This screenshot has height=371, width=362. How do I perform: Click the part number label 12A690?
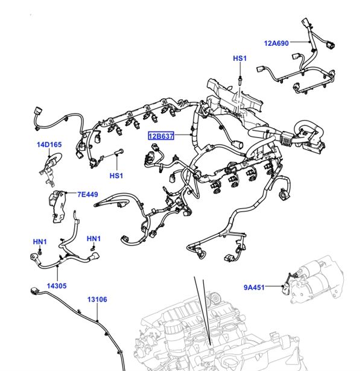tap(276, 43)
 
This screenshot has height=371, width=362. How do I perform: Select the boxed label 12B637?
tap(162, 136)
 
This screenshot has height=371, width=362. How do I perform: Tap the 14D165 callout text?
tap(49, 145)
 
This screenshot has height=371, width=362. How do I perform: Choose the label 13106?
tap(97, 299)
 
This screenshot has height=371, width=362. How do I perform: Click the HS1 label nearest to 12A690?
tap(240, 59)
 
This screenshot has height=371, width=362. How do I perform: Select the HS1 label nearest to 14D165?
tap(116, 176)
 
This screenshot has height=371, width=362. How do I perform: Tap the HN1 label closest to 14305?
tap(40, 242)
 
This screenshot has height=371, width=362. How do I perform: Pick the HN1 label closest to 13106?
tap(94, 238)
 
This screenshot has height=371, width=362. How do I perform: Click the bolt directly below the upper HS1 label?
tap(240, 78)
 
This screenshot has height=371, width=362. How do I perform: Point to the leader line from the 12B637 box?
tap(184, 136)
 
